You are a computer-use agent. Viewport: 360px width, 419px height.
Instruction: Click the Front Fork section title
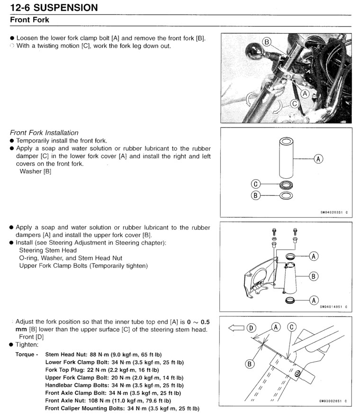coord(29,20)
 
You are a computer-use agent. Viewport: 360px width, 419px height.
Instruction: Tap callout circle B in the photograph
coord(267,42)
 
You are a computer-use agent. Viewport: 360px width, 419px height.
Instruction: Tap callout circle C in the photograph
coord(295,103)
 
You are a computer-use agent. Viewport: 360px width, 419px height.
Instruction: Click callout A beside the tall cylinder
coord(318,159)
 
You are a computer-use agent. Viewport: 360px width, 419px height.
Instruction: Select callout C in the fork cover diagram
coord(256,184)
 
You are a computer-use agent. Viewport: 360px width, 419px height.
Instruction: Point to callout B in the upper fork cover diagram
coord(313,276)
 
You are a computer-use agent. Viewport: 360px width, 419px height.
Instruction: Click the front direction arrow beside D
coord(237,327)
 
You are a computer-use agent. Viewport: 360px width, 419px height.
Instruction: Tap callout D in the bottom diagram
coord(251,327)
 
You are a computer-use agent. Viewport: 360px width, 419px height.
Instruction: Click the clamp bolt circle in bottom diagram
coord(297,374)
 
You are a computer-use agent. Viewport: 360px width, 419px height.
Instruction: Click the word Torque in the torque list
coord(27,355)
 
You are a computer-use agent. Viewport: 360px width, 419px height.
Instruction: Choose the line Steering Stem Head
coord(48,250)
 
